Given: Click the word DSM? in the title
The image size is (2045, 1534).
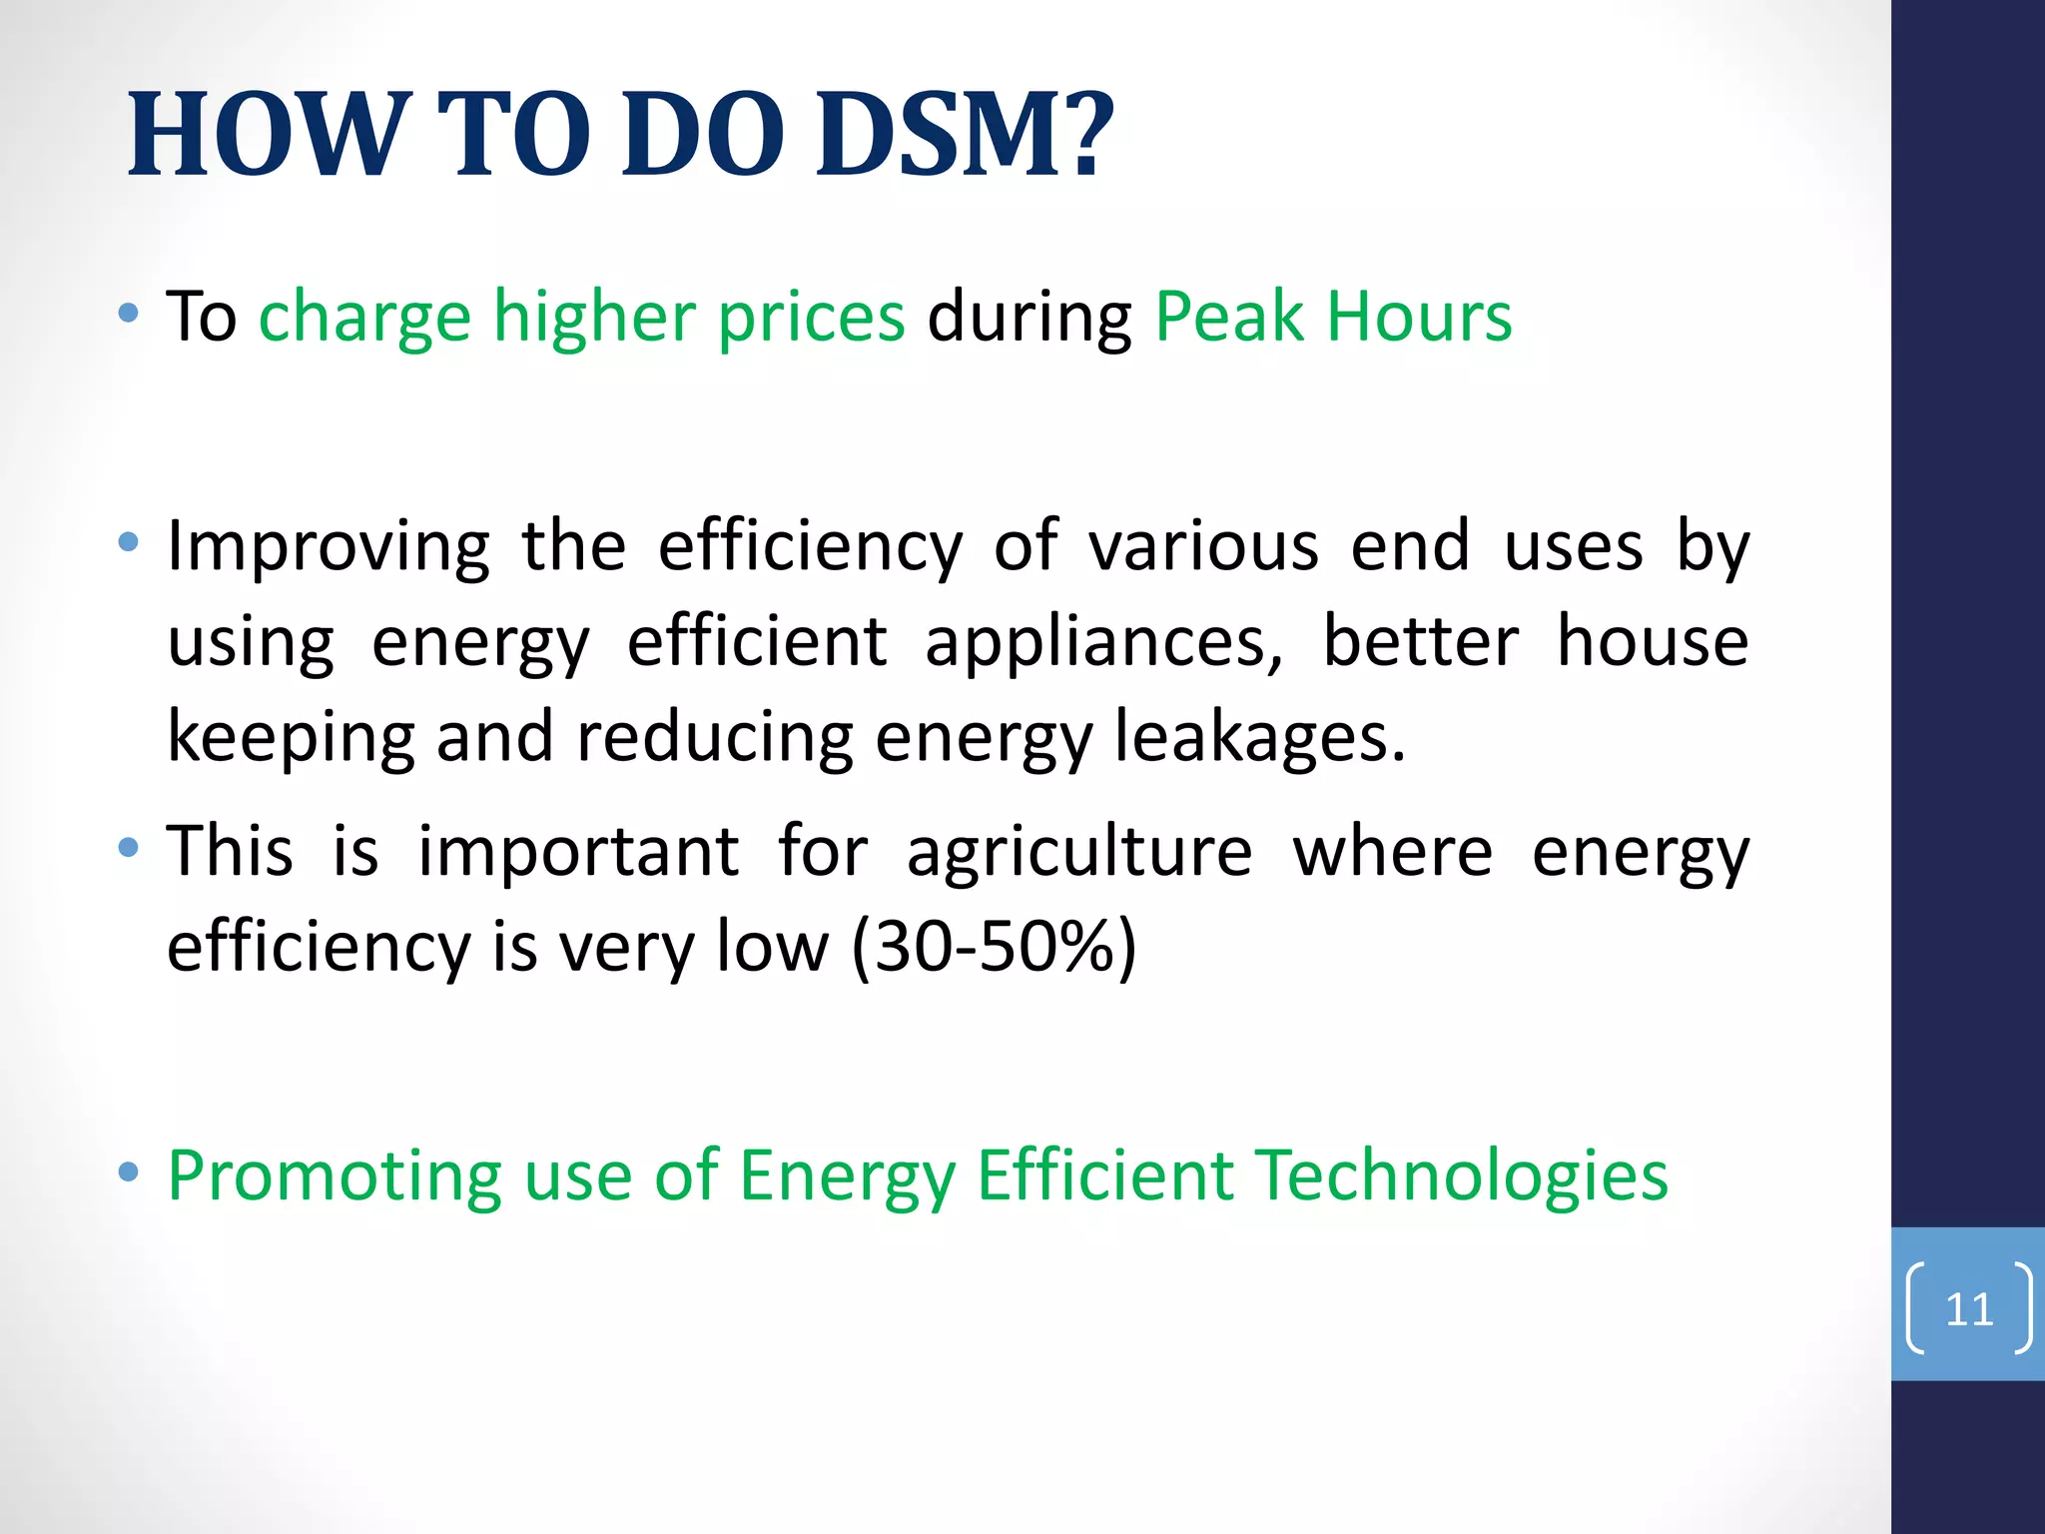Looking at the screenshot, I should [964, 135].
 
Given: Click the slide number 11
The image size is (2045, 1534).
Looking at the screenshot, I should [1969, 1309].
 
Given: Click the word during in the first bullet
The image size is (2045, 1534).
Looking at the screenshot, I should [1029, 318].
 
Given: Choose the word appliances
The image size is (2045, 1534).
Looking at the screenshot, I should [1103, 642].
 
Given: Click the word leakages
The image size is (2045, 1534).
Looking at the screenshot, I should [1259, 737].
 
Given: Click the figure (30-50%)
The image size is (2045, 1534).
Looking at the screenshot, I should [994, 946].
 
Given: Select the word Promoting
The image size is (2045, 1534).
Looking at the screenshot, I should [334, 1176].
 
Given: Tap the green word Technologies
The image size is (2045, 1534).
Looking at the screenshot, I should [1462, 1174].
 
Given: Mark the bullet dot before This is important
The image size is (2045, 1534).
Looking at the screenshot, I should [128, 848].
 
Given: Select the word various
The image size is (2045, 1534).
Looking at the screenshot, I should [1203, 547].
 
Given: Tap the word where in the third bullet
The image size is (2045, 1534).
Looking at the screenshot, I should [1392, 852].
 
